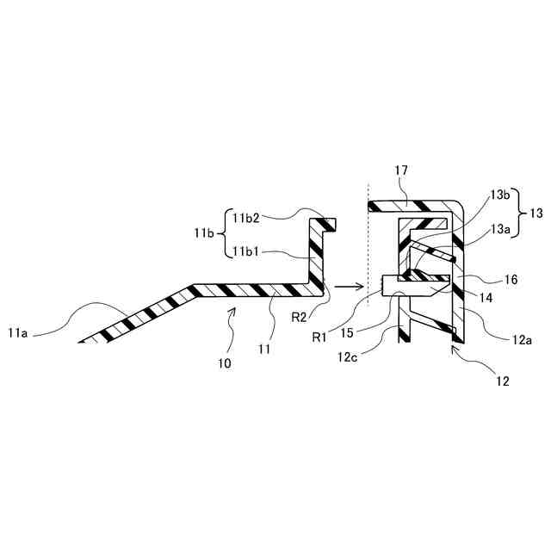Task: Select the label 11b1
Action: (248, 252)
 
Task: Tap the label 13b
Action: (499, 195)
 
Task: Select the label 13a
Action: (499, 229)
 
